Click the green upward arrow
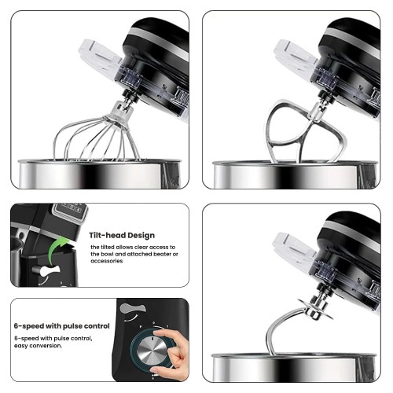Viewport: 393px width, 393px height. [57, 248]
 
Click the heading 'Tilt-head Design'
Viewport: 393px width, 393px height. [122, 235]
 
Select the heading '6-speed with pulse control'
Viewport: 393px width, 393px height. [62, 326]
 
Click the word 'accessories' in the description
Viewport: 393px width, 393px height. [107, 261]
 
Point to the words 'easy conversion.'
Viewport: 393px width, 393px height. [39, 346]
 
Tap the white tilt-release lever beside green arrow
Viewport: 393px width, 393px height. [47, 270]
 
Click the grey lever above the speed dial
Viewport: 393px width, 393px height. [132, 308]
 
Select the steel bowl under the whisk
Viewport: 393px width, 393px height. [100, 174]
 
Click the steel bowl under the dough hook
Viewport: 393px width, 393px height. [294, 367]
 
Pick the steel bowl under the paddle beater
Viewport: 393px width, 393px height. [296, 174]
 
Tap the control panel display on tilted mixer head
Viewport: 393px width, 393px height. [70, 211]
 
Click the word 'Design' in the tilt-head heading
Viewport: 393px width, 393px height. [141, 236]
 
